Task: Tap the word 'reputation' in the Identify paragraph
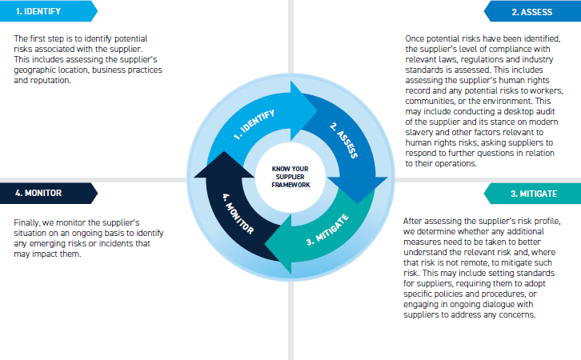pyautogui.click(x=58, y=80)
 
